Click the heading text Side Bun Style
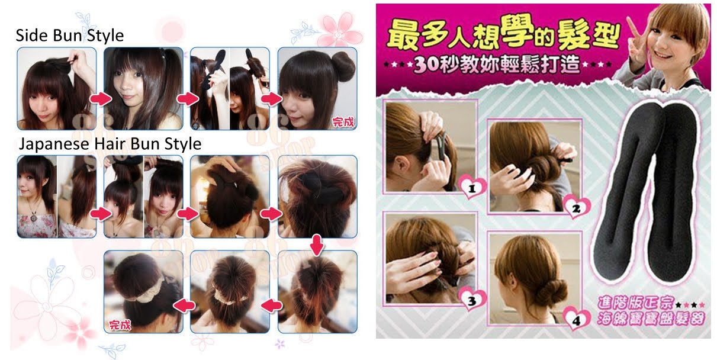70,35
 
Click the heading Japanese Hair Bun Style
110,144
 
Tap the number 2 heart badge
576,207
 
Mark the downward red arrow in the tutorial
317,243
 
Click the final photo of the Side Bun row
317,88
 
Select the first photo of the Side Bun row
56,88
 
